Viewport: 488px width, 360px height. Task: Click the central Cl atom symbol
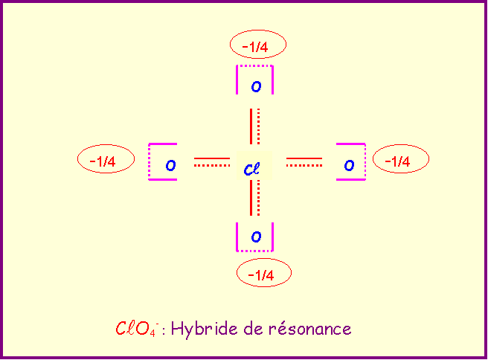click(251, 169)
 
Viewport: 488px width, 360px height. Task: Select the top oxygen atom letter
click(256, 86)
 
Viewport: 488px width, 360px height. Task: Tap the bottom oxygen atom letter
click(256, 237)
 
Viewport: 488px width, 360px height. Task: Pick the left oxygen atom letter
click(170, 165)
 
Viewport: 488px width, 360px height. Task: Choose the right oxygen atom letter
click(349, 165)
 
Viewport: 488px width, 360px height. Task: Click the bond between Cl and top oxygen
click(255, 126)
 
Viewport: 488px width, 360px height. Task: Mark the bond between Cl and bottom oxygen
click(255, 198)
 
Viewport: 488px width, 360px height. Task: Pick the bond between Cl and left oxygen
click(212, 162)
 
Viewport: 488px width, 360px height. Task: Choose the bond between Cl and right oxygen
click(304, 162)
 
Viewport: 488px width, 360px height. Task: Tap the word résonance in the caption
click(310, 328)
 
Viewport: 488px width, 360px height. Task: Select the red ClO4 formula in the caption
click(137, 329)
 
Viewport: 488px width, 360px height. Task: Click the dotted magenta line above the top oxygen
click(254, 66)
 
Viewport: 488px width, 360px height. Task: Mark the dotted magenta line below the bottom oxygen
click(254, 251)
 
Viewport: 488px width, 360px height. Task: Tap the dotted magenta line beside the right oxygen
click(365, 161)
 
